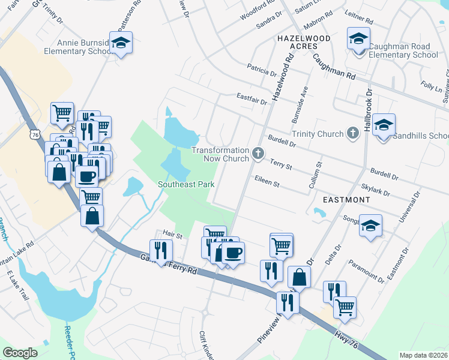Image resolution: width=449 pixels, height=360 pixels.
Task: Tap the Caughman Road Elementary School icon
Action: pos(359,40)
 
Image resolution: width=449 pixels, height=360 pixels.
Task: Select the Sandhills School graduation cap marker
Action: pos(384,126)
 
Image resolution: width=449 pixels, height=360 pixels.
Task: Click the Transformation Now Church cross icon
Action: pos(258,154)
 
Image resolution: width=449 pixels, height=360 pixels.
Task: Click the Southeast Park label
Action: pos(186,185)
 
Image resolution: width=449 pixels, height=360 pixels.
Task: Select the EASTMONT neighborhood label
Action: pos(346,199)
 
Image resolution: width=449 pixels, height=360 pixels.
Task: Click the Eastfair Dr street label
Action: pos(251,98)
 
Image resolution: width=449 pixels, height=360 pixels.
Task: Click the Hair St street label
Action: pos(172,233)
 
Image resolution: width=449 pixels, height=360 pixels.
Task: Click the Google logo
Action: pos(20,353)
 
